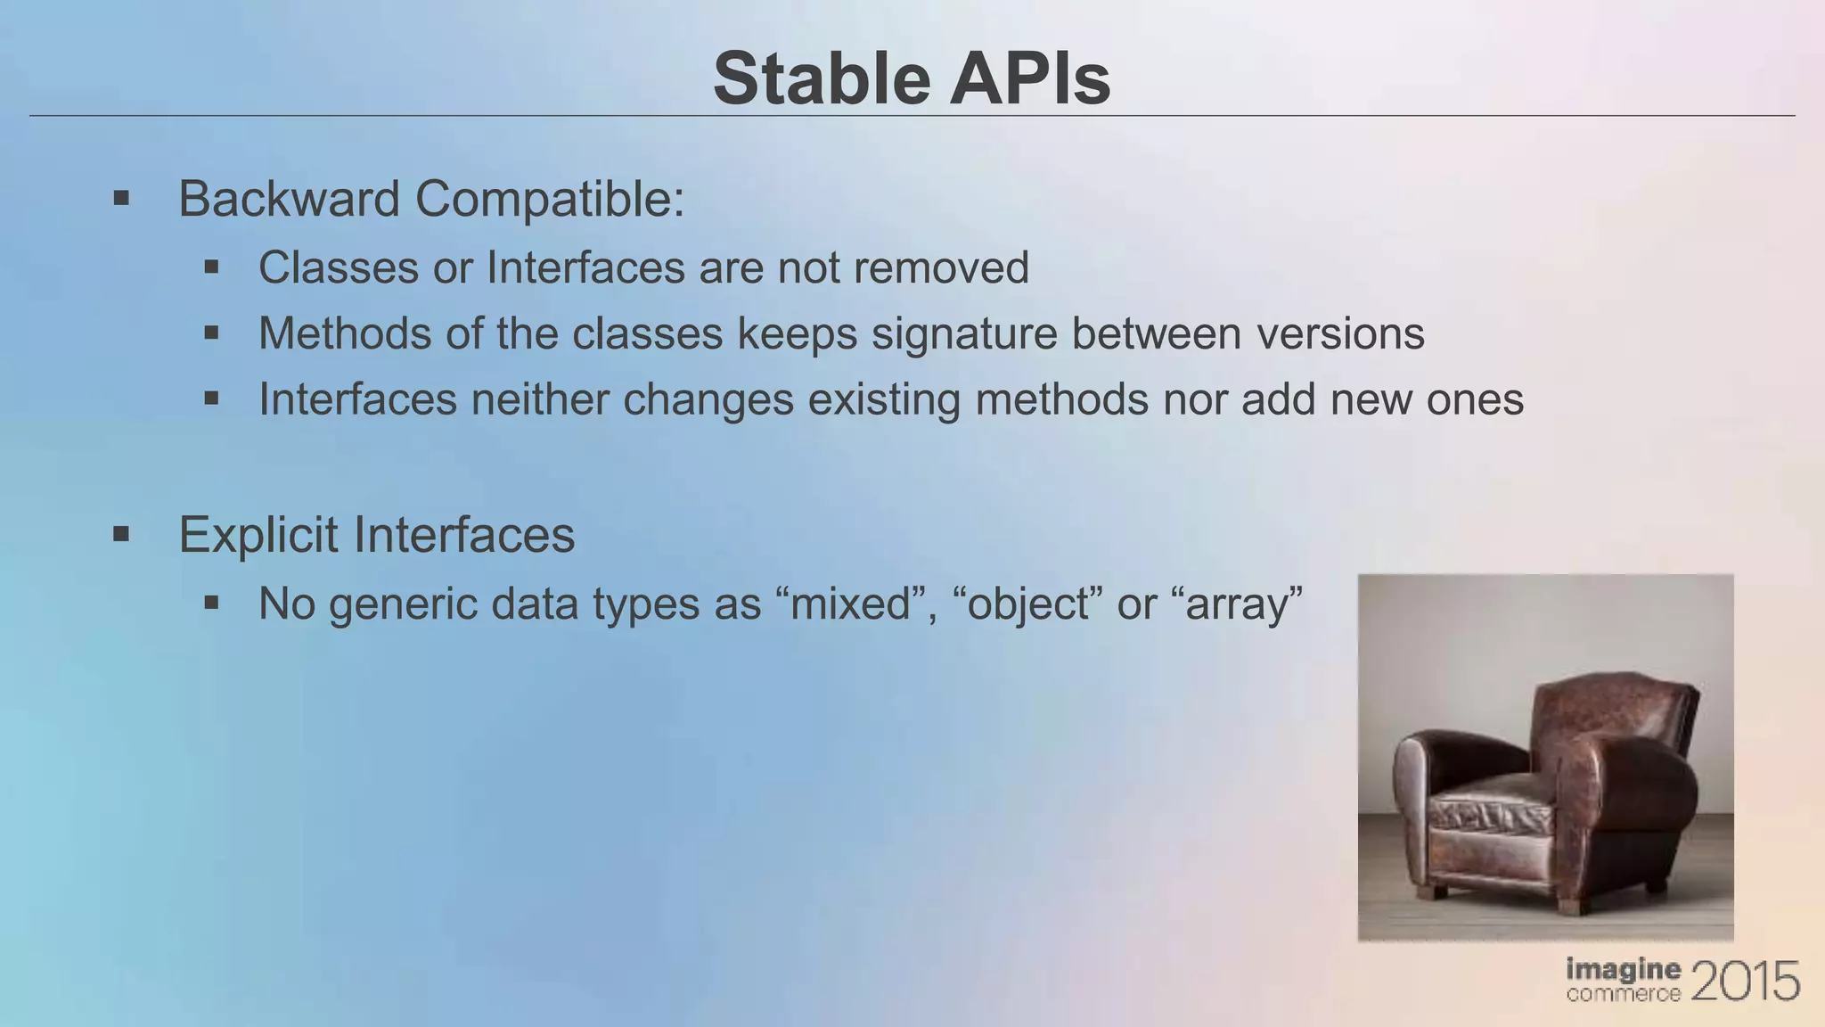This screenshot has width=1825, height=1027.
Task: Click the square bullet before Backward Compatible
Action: (121, 198)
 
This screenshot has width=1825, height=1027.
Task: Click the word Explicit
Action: (258, 535)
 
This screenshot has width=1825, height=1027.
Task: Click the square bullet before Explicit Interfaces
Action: (121, 535)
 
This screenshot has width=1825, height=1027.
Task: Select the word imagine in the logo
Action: (1623, 970)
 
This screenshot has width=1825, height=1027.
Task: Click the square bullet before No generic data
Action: (211, 604)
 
